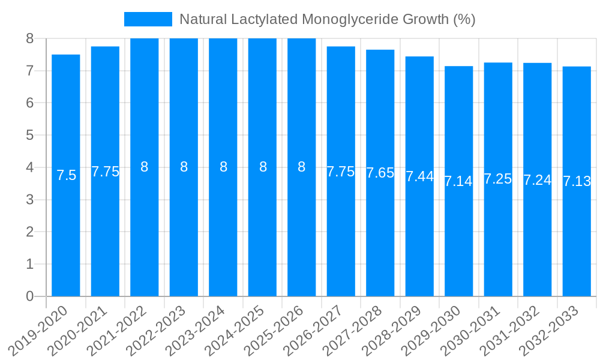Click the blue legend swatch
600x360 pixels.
[x=148, y=19]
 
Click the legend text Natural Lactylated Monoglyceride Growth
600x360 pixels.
[x=327, y=19]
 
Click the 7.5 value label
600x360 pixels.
[x=66, y=175]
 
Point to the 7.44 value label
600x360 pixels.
[x=419, y=176]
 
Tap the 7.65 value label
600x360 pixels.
[x=380, y=173]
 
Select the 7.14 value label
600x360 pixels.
[x=459, y=181]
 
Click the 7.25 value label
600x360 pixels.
[x=498, y=179]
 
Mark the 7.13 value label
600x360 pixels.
[x=577, y=181]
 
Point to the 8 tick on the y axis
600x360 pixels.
[x=29, y=38]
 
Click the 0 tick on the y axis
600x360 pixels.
[x=29, y=296]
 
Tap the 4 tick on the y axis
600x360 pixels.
[x=29, y=167]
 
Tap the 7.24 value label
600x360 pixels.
[x=538, y=179]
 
